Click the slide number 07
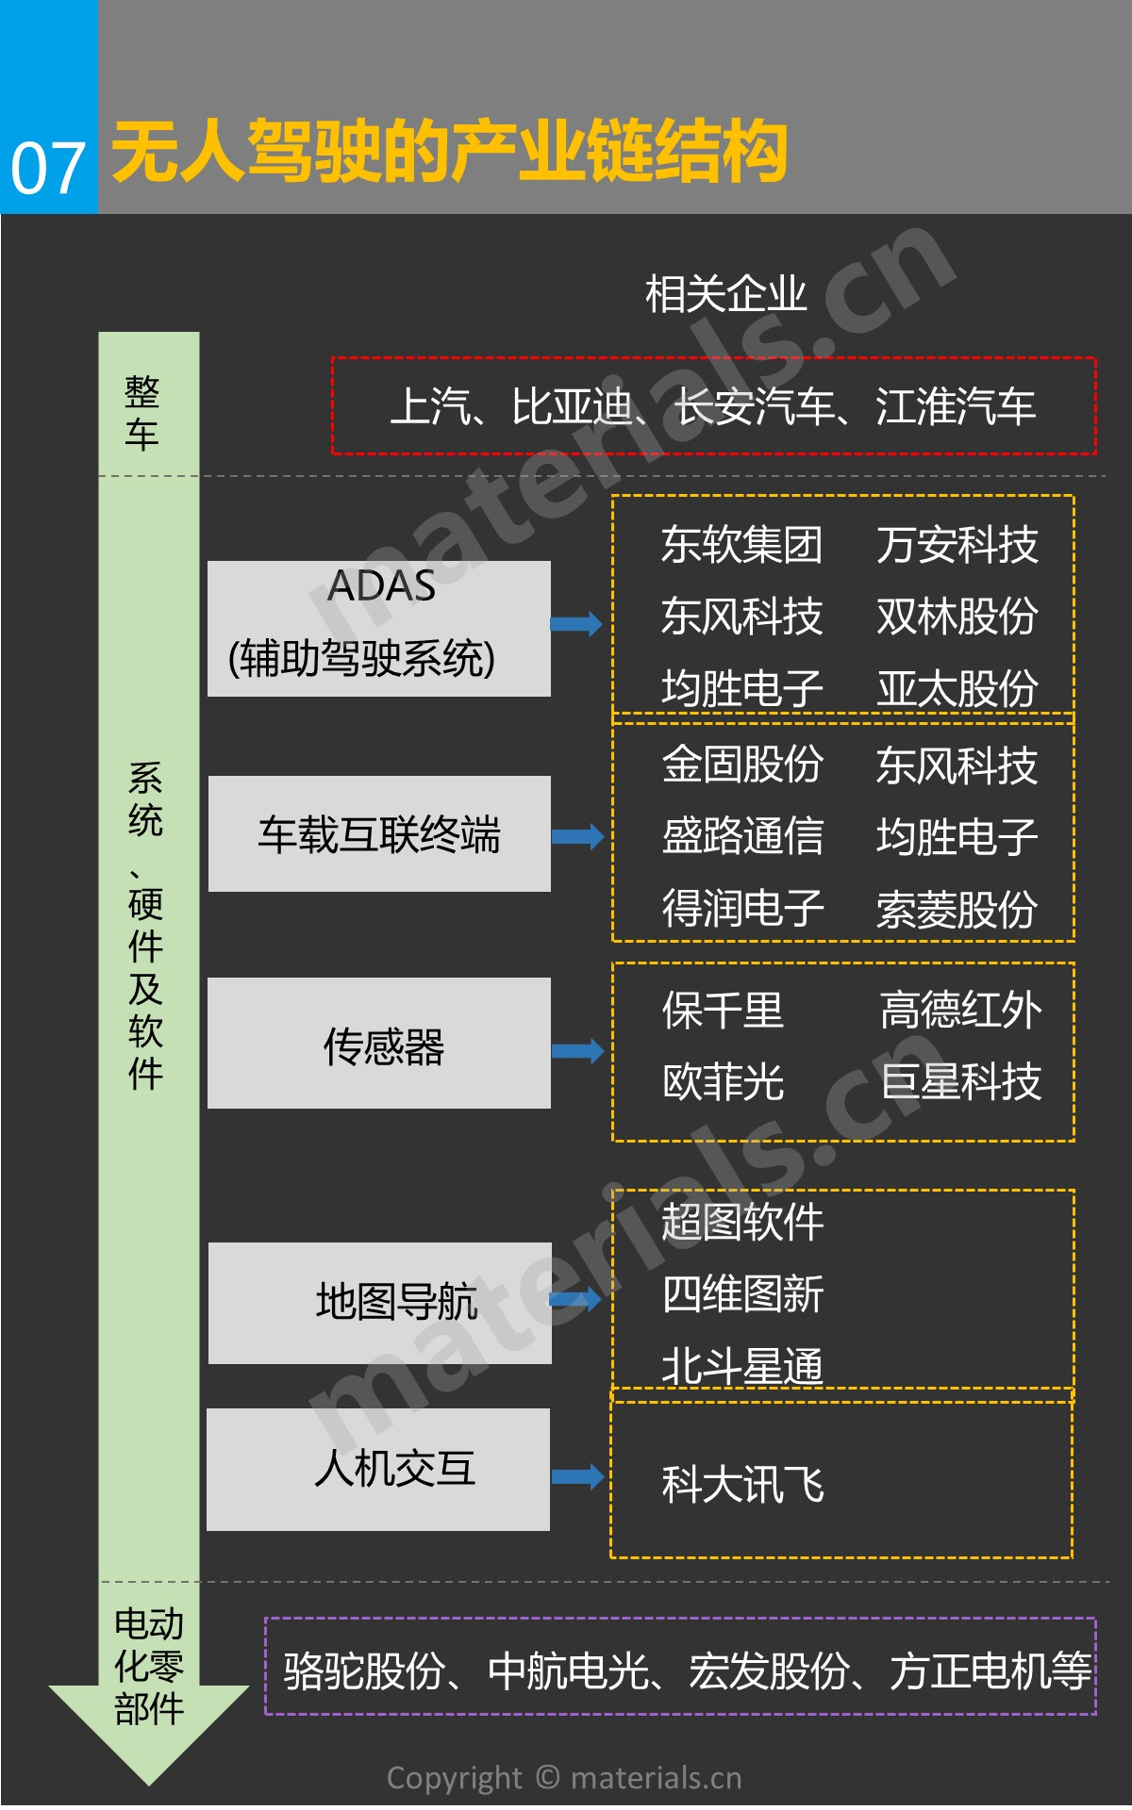47,170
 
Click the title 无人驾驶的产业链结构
449,151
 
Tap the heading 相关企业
725,294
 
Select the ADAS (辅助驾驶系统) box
379,629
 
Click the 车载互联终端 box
379,834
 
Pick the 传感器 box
379,1044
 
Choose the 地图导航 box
379,1303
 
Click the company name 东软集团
741,545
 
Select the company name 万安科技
957,545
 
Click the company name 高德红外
960,1011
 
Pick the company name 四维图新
741,1294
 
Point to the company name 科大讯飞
741,1485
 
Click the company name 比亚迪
571,407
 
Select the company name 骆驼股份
364,1671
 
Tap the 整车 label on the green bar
142,413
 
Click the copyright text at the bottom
564,1778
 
